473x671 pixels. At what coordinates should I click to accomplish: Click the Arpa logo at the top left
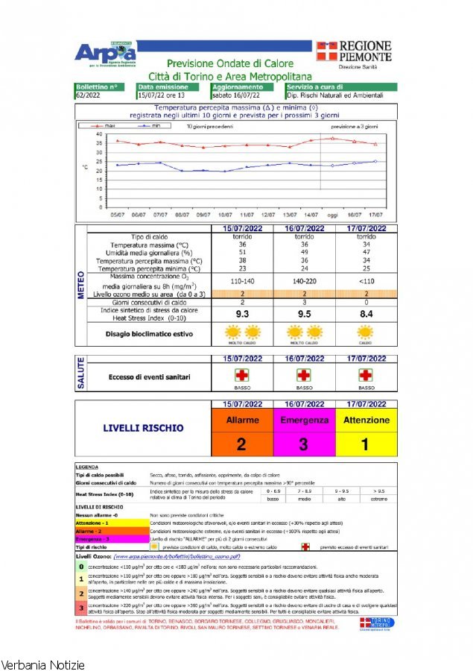click(105, 53)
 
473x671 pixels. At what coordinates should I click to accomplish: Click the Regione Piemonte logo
click(355, 52)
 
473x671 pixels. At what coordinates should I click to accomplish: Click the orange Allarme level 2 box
click(242, 432)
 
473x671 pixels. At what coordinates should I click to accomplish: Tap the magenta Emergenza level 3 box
click(304, 432)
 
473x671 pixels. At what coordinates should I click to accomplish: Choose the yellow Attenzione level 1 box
click(366, 432)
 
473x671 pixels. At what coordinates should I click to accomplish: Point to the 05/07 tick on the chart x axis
click(117, 214)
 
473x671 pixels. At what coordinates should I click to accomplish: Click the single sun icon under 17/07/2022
click(366, 332)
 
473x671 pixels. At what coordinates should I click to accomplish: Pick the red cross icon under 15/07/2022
click(242, 375)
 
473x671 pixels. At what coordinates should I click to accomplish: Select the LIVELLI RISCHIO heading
click(142, 429)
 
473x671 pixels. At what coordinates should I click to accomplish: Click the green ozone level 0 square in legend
click(81, 567)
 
